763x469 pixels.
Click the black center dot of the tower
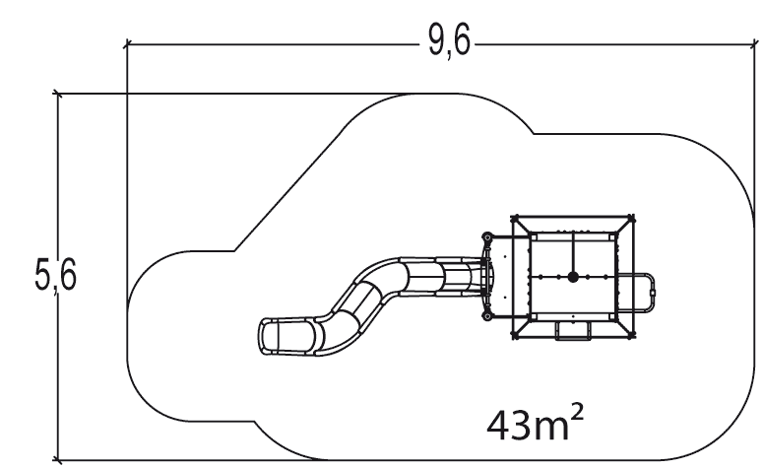[x=572, y=277]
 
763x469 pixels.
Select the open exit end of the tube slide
[x=268, y=336]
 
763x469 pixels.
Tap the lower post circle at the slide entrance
[x=485, y=317]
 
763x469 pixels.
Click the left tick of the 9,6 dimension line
[x=127, y=44]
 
